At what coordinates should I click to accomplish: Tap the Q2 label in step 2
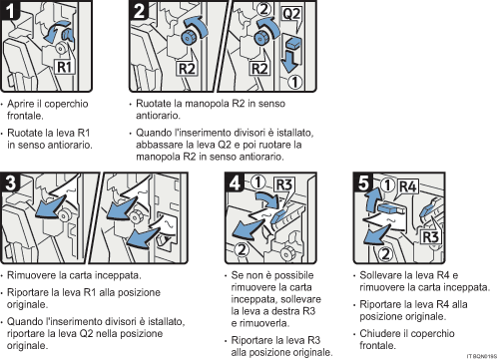pos(288,15)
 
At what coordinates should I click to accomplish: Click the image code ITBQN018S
pos(477,355)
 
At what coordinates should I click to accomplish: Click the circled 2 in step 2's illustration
pos(262,12)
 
